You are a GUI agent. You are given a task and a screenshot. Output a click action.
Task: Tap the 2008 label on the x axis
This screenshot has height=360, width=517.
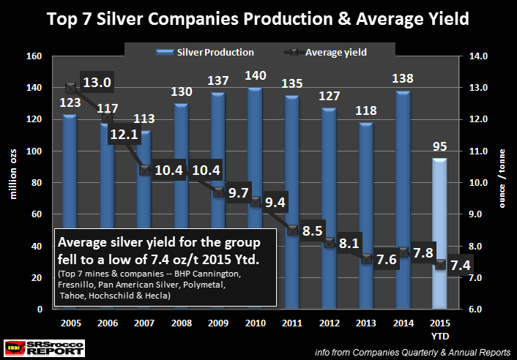(x=183, y=323)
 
